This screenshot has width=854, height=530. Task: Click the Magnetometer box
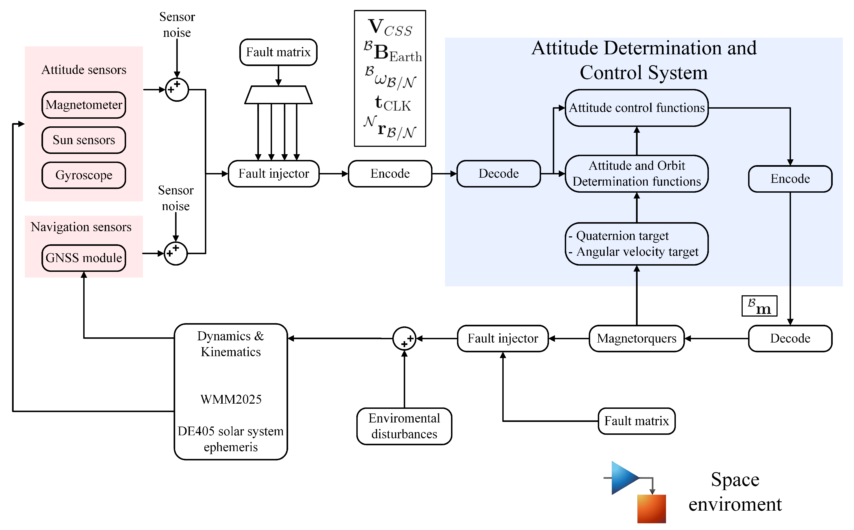(84, 105)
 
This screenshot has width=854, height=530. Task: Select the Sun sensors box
(84, 140)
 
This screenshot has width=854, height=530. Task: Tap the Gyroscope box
(84, 175)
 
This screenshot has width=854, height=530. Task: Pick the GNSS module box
(84, 258)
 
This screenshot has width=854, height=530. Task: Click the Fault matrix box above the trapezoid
(278, 52)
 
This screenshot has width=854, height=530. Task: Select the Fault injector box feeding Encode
(274, 174)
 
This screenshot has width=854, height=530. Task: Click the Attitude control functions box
(636, 108)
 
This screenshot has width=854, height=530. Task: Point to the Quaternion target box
(636, 244)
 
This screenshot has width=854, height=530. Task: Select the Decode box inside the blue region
(499, 174)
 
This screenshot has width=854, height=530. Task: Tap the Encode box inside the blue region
(790, 179)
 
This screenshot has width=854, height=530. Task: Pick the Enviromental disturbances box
(404, 426)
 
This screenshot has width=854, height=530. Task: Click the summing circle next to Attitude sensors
(177, 90)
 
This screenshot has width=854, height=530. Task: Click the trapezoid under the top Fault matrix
(278, 95)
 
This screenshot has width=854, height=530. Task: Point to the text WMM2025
(231, 400)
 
